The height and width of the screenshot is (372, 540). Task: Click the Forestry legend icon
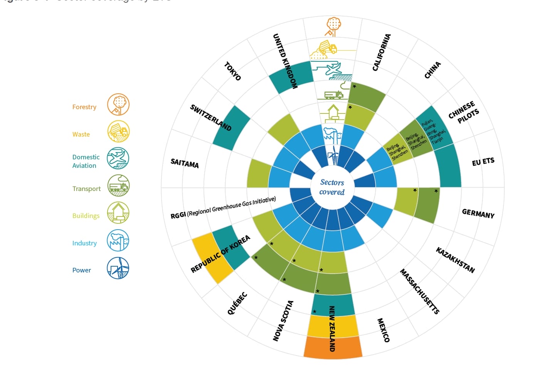coord(118,105)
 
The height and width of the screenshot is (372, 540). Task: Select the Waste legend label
coord(81,134)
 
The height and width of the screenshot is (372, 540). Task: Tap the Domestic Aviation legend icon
coord(118,159)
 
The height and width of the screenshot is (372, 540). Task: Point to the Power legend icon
coord(118,268)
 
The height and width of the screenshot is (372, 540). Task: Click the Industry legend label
coord(84,243)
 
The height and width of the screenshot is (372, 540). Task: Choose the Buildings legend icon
coord(118,213)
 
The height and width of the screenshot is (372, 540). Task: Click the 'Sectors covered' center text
coord(332,187)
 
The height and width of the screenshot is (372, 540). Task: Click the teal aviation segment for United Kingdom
coord(291,77)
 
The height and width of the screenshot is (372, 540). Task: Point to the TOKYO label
coord(232,71)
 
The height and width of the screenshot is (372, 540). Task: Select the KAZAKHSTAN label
coord(455,260)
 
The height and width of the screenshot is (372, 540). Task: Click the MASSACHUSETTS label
coord(419,291)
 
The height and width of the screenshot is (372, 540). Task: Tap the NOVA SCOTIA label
coord(283,321)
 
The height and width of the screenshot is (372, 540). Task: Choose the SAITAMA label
coord(185,163)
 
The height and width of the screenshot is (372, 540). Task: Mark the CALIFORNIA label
coord(382,52)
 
